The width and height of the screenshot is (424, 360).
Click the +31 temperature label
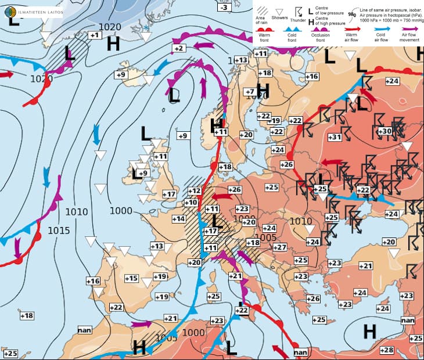tap(334, 138)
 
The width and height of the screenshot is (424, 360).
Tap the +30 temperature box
tap(385, 132)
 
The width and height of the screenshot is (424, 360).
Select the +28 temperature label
tap(387, 350)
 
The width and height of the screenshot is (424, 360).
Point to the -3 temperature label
tap(224, 7)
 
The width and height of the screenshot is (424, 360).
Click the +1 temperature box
tap(94, 35)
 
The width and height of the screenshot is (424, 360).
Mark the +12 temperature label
tap(194, 191)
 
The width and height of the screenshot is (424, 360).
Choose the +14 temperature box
tap(179, 219)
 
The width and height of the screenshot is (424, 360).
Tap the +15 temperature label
tap(131, 279)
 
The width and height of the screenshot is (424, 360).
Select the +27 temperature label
tap(280, 247)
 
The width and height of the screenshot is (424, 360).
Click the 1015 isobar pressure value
tap(59, 231)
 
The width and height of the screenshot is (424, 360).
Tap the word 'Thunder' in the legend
tap(298, 20)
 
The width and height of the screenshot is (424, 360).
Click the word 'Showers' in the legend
tap(279, 18)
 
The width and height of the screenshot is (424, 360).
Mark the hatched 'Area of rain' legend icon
tap(262, 10)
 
